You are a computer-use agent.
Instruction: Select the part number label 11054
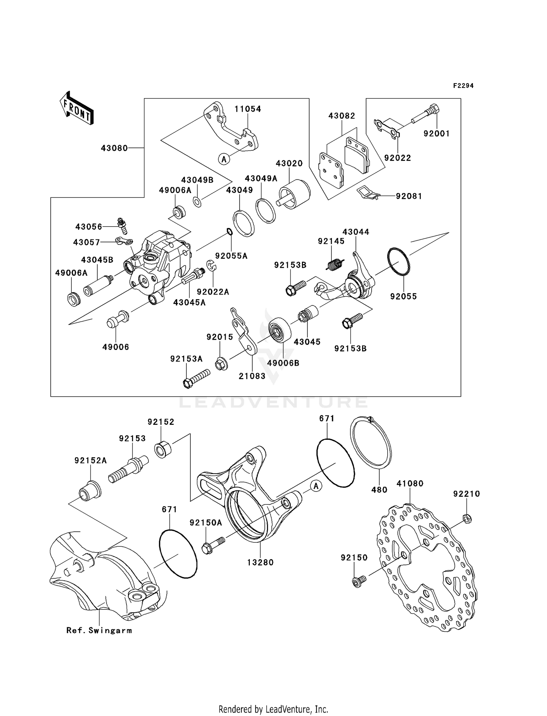(x=248, y=109)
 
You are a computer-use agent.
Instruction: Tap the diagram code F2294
(x=463, y=86)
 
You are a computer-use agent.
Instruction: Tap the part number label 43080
(x=114, y=148)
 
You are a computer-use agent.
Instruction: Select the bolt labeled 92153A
(x=196, y=378)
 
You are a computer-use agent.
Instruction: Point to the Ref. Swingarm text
(x=99, y=630)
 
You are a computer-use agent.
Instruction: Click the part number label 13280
(x=260, y=562)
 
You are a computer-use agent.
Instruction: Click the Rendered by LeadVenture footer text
(x=273, y=709)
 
